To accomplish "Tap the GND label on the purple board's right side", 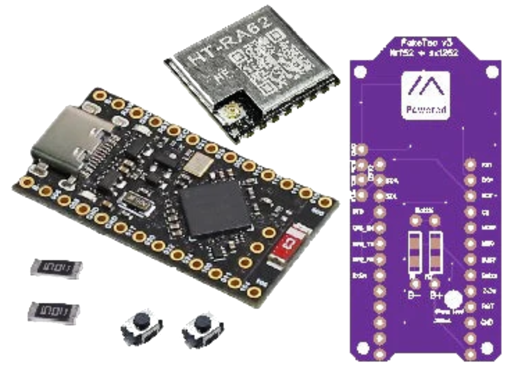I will (487, 322).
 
